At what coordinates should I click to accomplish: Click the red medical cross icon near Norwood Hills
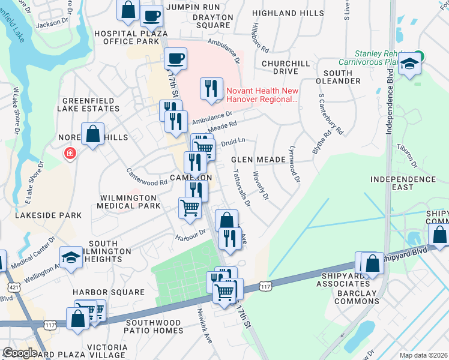[x=71, y=154]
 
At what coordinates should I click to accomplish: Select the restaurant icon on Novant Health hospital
[x=211, y=89]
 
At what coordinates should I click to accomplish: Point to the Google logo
[x=20, y=353]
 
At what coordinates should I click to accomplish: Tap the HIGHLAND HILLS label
[x=297, y=13]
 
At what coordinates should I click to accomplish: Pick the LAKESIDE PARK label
[x=41, y=215]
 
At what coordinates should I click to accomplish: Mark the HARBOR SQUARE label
[x=109, y=292]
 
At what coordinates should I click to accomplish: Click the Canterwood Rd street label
[x=146, y=176]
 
